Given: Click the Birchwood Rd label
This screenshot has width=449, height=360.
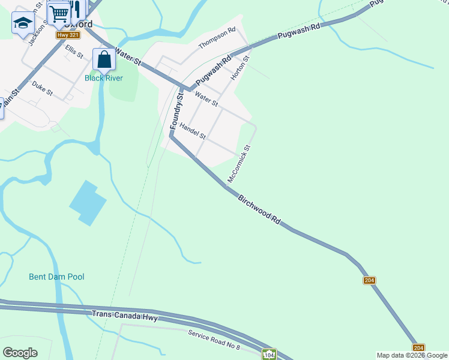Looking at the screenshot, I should click(259, 209).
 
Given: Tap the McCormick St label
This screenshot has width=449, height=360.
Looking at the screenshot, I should click(239, 164).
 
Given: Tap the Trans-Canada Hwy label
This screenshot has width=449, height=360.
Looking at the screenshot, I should click(125, 314).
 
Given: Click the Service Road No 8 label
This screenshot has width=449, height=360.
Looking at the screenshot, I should click(214, 340).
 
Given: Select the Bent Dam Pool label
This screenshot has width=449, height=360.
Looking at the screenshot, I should click(56, 277).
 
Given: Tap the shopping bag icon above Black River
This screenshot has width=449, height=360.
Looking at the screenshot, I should click(104, 59).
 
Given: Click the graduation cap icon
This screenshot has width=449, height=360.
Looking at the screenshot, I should click(23, 23).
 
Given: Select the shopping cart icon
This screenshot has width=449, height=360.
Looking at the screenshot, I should click(59, 13).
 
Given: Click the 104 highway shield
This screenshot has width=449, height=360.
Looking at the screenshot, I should click(269, 355).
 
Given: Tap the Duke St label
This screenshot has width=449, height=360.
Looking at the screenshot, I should click(43, 89).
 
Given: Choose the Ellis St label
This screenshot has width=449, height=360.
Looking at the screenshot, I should click(74, 51).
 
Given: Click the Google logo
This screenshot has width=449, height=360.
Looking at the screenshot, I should click(20, 353).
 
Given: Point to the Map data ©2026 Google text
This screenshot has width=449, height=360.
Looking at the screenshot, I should click(412, 355).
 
